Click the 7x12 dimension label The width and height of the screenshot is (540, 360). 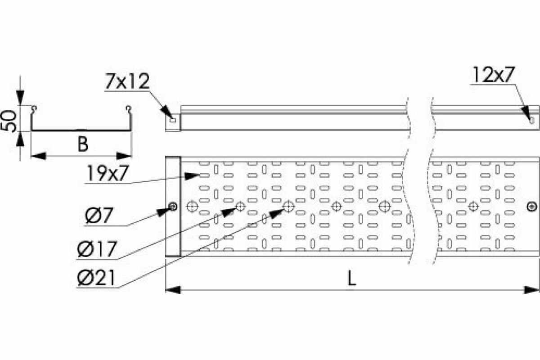pos(127,82)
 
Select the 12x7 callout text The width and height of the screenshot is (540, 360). pos(493,75)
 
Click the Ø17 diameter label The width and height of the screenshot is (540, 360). pos(96,249)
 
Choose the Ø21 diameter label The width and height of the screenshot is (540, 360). pos(96,279)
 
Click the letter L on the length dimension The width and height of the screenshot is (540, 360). pos(351,279)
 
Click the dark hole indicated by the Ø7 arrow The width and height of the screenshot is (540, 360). pos(172,207)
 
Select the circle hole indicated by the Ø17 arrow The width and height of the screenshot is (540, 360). pos(240,207)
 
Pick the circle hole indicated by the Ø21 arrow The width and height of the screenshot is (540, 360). pos(288,207)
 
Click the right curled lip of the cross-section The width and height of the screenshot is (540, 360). pos(129,108)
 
